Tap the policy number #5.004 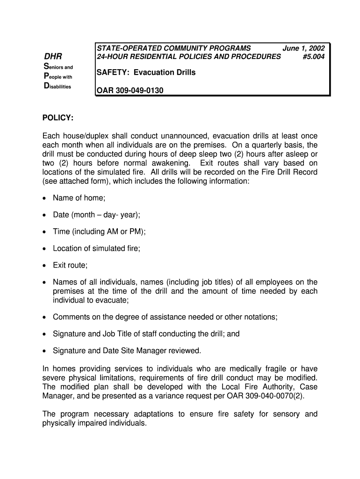[x=313, y=57]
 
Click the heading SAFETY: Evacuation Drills [x=145, y=73]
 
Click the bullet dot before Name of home [x=44, y=198]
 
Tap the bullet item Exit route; [x=70, y=265]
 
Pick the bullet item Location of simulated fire [x=96, y=248]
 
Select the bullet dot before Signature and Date [x=44, y=350]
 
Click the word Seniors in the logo [x=58, y=68]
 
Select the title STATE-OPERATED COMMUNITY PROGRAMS [x=173, y=48]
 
